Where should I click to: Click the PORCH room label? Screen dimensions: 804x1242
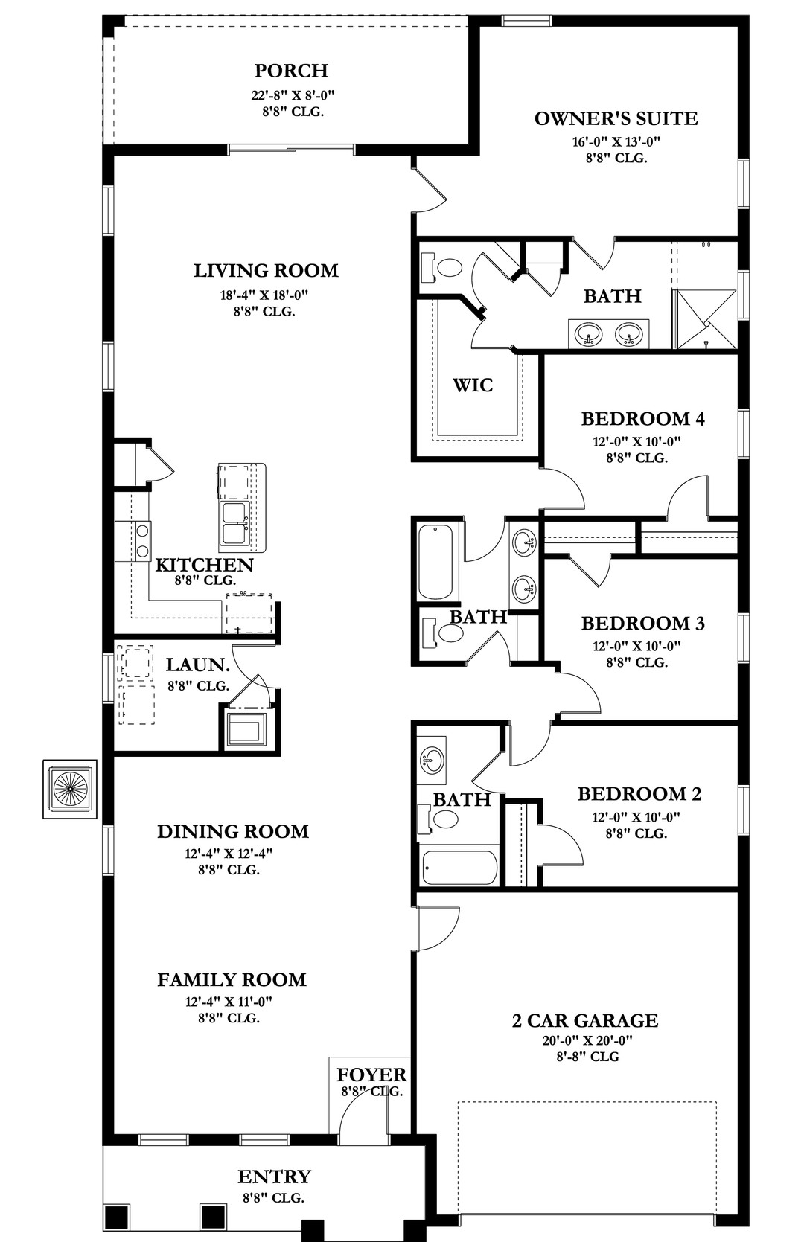click(291, 71)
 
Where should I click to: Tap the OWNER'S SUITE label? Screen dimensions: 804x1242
click(616, 118)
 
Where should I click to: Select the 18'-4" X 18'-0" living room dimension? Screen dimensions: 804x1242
click(264, 295)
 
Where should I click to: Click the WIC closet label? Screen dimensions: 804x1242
click(473, 385)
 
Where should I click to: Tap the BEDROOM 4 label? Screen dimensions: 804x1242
click(642, 419)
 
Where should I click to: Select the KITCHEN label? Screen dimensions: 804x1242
click(204, 565)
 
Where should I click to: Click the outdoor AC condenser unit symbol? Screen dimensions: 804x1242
click(70, 789)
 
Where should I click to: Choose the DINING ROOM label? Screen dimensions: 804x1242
click(233, 832)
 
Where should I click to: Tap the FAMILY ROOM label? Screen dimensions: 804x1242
click(232, 980)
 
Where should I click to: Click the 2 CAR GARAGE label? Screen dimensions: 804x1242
click(585, 1021)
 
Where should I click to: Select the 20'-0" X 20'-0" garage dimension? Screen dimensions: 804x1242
click(587, 1041)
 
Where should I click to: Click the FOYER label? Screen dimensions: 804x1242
click(371, 1075)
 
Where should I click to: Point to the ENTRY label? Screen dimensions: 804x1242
click(274, 1177)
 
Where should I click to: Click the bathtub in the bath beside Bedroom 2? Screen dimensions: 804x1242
click(459, 868)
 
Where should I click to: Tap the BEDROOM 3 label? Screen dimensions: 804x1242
click(642, 623)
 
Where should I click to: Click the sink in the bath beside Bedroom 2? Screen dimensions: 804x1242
click(431, 760)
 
